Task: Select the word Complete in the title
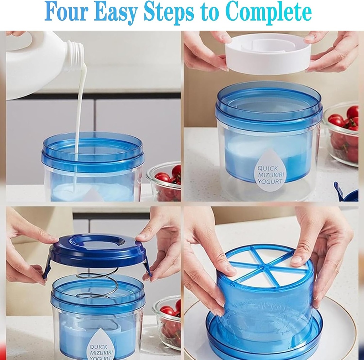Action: tap(268, 12)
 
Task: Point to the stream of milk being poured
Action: tap(80, 107)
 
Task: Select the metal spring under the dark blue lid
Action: tap(98, 283)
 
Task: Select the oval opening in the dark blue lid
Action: tap(97, 241)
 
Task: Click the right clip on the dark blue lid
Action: tap(147, 267)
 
